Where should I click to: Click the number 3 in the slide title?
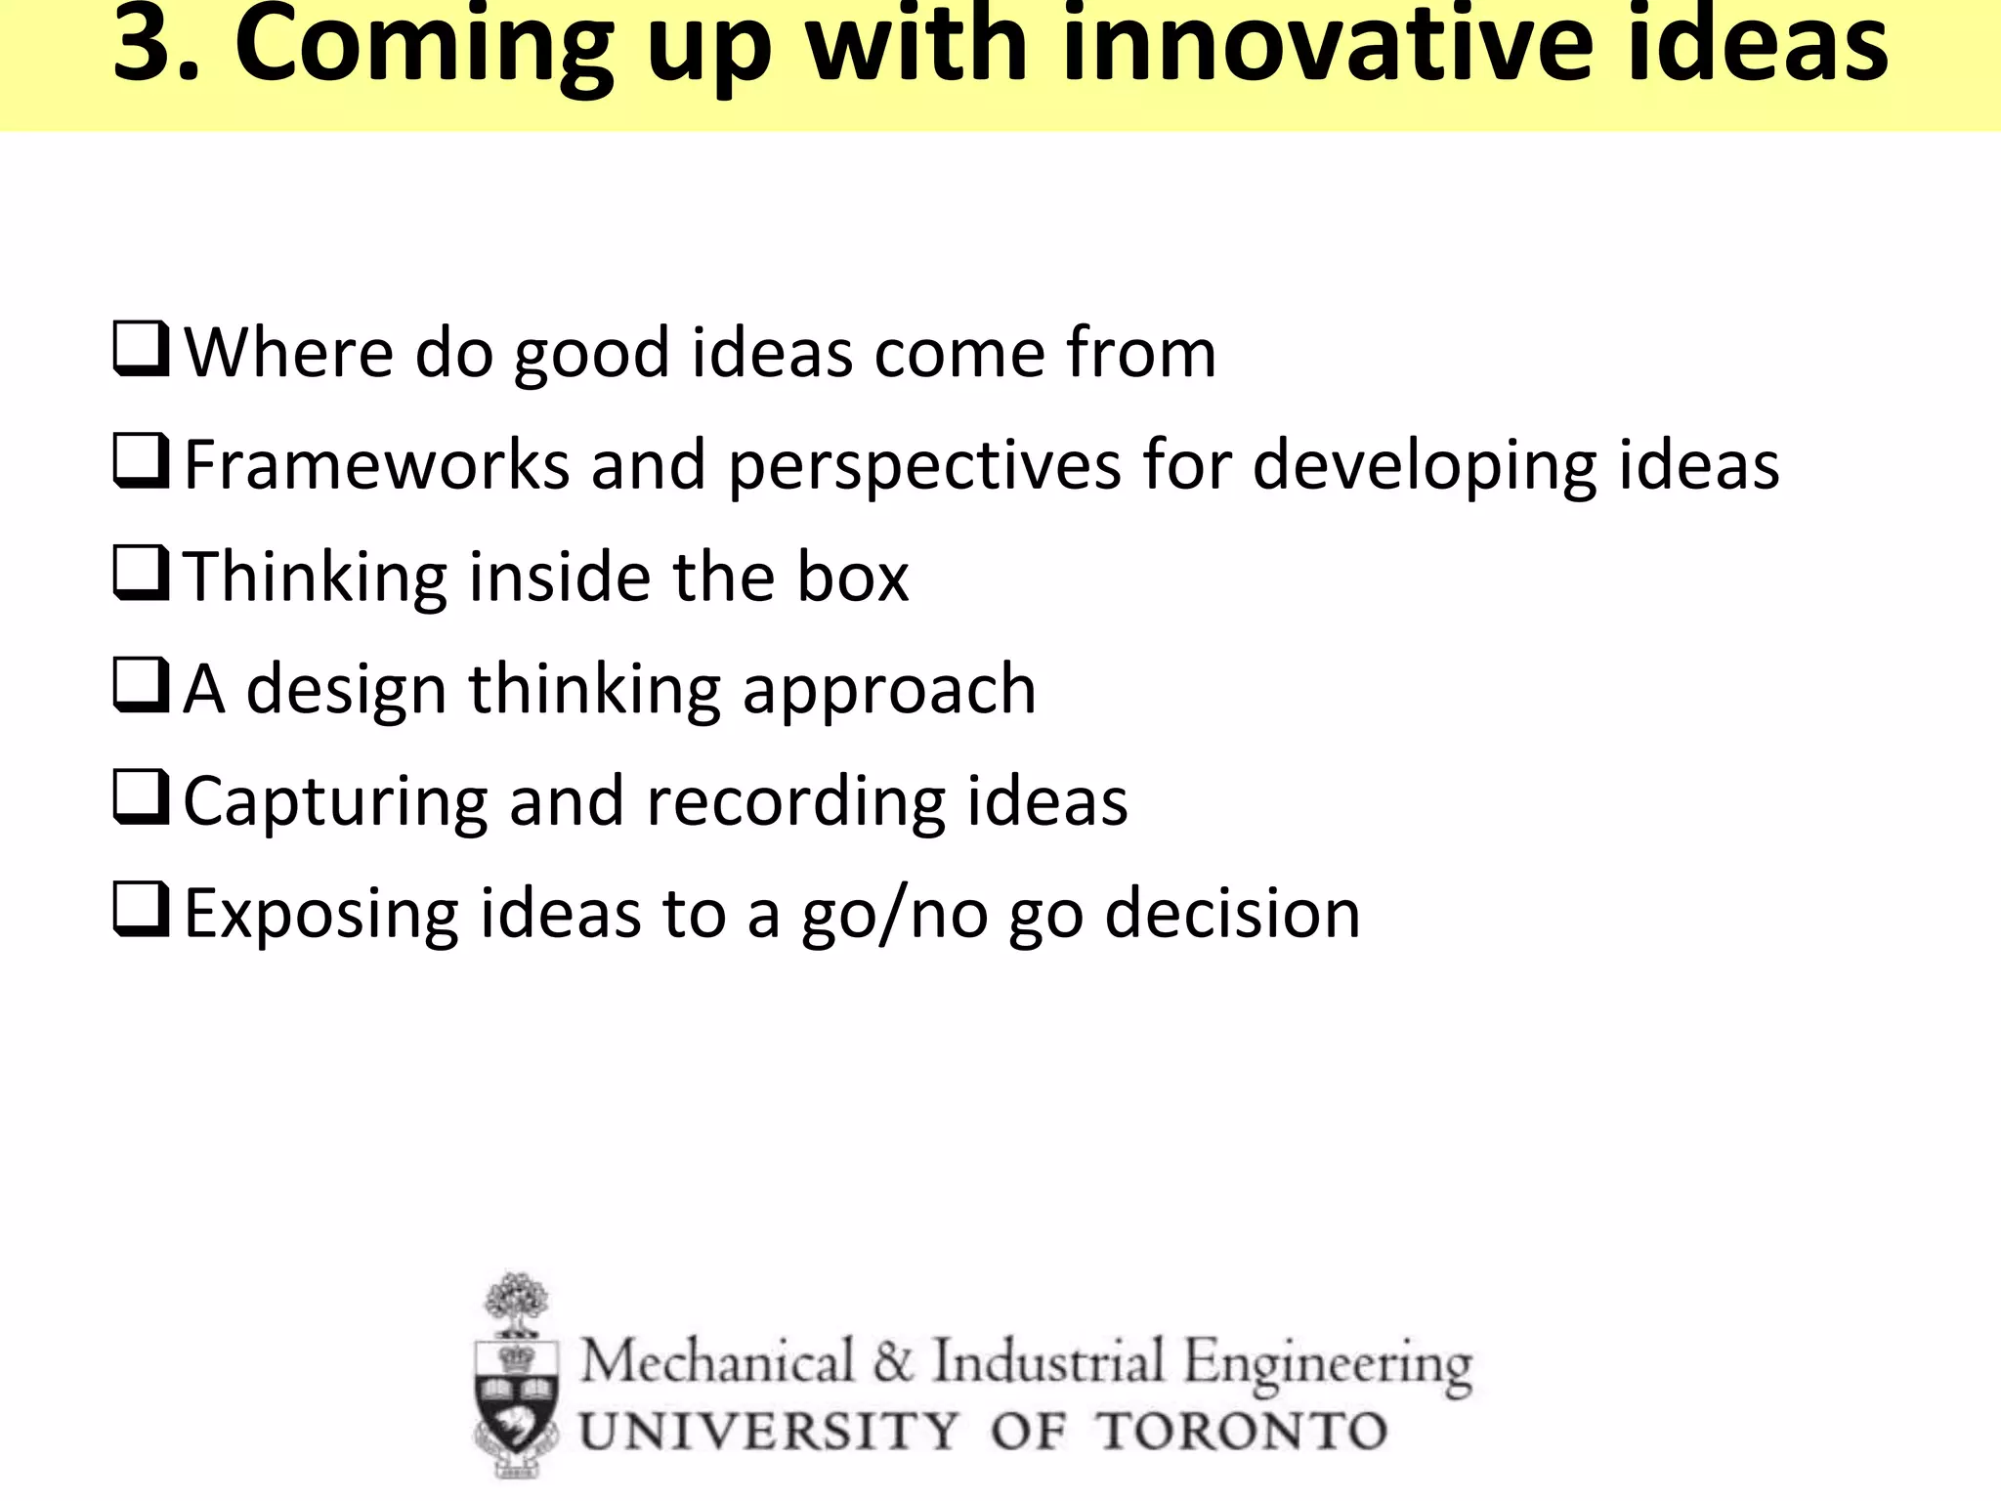tap(147, 45)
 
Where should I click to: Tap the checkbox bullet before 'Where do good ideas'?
tap(141, 350)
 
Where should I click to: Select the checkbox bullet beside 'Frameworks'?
tap(141, 461)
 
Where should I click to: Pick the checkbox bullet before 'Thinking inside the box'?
tap(141, 574)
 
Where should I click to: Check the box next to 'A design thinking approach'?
tap(141, 686)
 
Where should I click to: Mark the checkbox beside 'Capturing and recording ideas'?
tap(141, 798)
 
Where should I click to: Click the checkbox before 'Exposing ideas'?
tap(141, 911)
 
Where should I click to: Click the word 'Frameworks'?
tap(377, 465)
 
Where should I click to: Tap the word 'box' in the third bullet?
tap(853, 578)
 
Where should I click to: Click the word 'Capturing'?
tap(335, 803)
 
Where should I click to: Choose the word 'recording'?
tap(795, 803)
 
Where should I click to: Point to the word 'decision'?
tap(1232, 915)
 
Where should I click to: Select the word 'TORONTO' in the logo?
tap(1241, 1432)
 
